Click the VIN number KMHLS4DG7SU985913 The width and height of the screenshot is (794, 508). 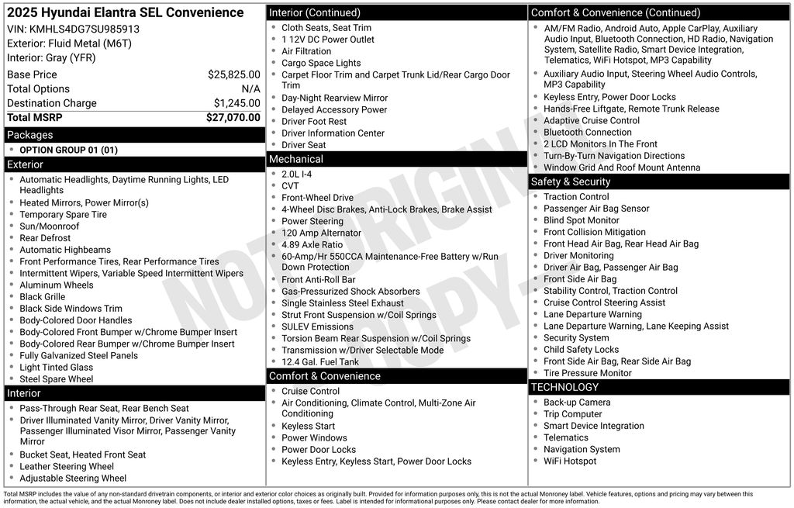click(x=85, y=29)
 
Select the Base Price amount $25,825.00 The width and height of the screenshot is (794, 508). click(x=233, y=74)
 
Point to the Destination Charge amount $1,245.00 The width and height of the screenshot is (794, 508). click(x=236, y=103)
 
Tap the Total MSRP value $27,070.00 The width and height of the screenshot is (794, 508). click(x=233, y=118)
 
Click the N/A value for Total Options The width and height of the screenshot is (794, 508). click(x=250, y=89)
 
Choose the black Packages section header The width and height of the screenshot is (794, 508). click(x=134, y=135)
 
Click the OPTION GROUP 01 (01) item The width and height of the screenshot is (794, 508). click(x=68, y=150)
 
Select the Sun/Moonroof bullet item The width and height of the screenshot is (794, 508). click(x=49, y=226)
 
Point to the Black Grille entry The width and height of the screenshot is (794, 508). click(x=42, y=297)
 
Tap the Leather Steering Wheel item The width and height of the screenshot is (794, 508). click(x=67, y=467)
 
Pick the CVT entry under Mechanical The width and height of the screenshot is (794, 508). click(x=290, y=186)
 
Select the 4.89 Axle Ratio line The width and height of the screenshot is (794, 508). click(x=312, y=244)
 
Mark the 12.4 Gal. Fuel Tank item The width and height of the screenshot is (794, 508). click(x=320, y=362)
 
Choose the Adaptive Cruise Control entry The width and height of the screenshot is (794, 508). click(x=591, y=121)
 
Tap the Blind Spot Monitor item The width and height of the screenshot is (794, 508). click(x=582, y=220)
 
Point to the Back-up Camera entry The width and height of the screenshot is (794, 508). click(x=576, y=403)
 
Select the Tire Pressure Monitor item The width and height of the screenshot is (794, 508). click(x=587, y=373)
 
